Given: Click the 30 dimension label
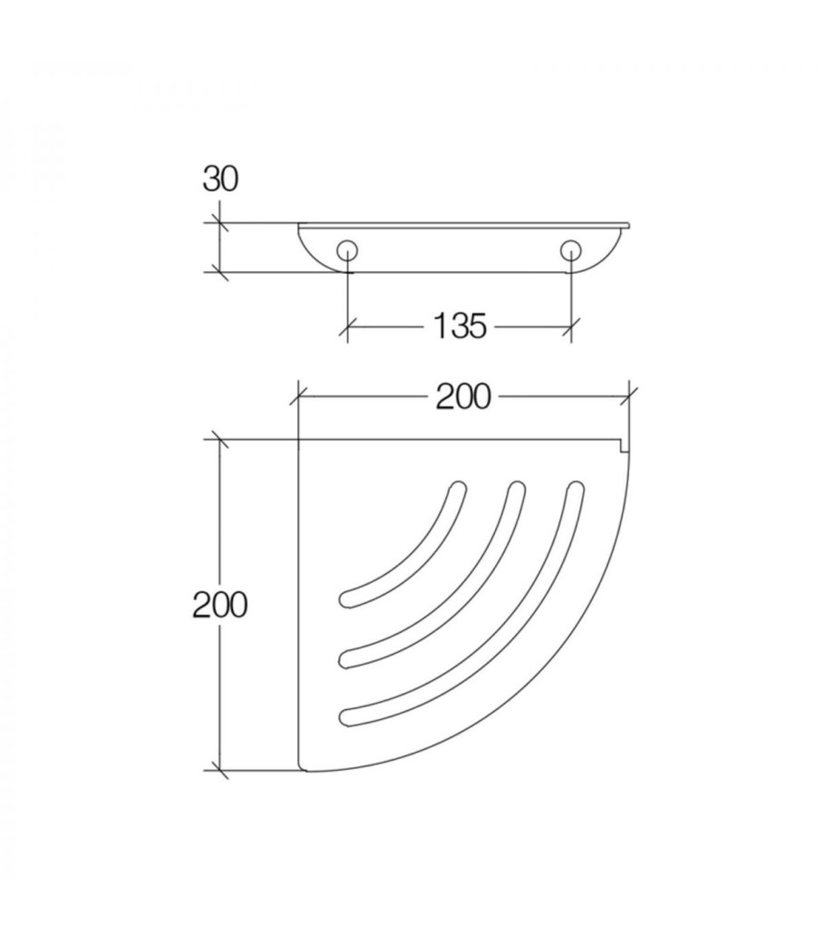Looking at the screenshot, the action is [x=220, y=180].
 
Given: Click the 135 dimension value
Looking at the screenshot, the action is [x=460, y=326].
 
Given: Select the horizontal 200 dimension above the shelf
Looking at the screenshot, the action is [x=463, y=397].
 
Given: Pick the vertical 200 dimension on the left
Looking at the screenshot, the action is [x=219, y=605].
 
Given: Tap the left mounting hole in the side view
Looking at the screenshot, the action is [x=347, y=251].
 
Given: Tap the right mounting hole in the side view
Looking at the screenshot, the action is [x=570, y=251].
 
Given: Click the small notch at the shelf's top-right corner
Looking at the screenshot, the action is [x=625, y=446].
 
